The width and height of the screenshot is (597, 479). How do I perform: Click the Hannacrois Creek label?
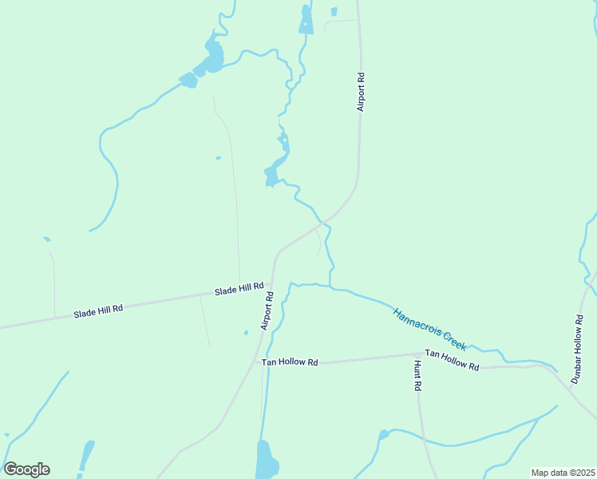point(429,327)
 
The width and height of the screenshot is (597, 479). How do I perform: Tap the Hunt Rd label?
point(417,375)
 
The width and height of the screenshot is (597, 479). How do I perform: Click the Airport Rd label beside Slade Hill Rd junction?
point(267,311)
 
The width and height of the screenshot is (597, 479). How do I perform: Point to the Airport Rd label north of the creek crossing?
point(361,91)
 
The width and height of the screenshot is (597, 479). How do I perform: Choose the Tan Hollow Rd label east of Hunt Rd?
point(452,360)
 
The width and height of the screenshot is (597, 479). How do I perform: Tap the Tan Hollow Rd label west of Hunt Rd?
point(291,362)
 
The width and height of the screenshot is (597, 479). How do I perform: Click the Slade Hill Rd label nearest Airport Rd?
point(239,291)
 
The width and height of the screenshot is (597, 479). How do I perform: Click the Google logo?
point(26,469)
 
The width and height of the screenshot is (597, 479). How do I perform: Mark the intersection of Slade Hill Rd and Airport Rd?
point(272,283)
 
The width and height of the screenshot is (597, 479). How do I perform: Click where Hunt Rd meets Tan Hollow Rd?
point(417,354)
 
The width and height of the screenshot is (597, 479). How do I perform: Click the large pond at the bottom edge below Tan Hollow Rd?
point(265,461)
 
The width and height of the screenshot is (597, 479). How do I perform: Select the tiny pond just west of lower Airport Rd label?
point(246,333)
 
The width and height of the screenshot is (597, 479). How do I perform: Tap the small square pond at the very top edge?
point(334,12)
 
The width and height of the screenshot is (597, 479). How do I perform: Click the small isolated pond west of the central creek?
point(218,158)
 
